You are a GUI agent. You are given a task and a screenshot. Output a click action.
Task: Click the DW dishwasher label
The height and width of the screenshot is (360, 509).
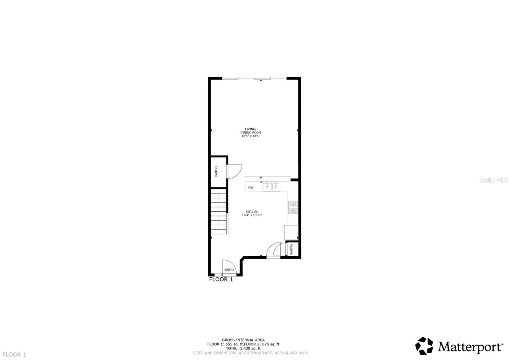pyautogui.click(x=251, y=187)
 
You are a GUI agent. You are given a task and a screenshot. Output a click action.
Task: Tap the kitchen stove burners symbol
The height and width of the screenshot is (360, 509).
pyautogui.click(x=293, y=207)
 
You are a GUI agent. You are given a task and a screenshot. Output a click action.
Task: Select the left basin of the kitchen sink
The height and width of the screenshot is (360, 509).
pyautogui.click(x=267, y=187)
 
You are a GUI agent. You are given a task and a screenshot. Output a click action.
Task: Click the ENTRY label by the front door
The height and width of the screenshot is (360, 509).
pyautogui.click(x=229, y=270)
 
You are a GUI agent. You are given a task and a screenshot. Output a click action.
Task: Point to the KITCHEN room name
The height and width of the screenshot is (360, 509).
pyautogui.click(x=252, y=212)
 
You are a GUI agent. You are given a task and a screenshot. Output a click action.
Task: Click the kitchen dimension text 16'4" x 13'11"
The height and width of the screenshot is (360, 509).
pyautogui.click(x=252, y=215)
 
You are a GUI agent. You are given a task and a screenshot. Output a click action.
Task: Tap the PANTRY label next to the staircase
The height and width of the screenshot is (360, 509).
pyautogui.click(x=216, y=171)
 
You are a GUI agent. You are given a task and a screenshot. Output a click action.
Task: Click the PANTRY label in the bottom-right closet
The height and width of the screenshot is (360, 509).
pyautogui.click(x=291, y=249)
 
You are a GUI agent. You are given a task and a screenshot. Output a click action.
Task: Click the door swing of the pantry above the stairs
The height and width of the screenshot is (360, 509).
pyautogui.click(x=234, y=171)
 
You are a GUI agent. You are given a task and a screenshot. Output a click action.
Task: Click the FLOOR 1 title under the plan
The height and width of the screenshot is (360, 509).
pyautogui.click(x=221, y=279)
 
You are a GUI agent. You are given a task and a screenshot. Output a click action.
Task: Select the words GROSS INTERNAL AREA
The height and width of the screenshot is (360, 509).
pyautogui.click(x=243, y=340)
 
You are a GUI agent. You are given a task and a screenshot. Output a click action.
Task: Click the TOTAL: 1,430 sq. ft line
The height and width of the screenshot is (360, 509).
pyautogui.click(x=243, y=348)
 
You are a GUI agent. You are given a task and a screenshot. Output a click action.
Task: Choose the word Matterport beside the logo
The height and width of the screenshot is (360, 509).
pyautogui.click(x=471, y=347)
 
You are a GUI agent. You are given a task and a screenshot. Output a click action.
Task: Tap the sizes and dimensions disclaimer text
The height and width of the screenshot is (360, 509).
pyautogui.click(x=250, y=353)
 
